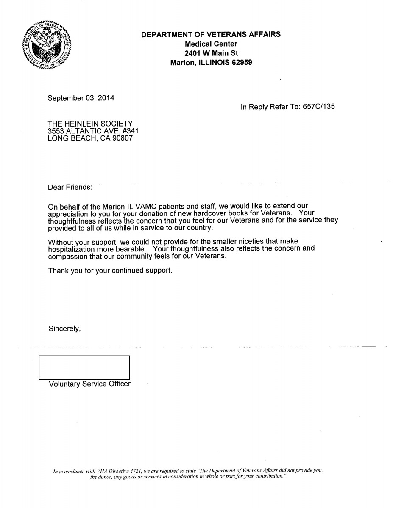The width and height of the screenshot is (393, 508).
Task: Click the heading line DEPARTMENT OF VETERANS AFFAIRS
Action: pyautogui.click(x=211, y=35)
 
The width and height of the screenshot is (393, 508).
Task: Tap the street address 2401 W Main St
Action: pyautogui.click(x=211, y=53)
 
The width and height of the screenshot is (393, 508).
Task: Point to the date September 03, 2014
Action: pyautogui.click(x=81, y=98)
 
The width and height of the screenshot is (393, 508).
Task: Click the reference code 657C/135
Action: pyautogui.click(x=318, y=107)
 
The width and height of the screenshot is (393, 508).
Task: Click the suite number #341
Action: pyautogui.click(x=130, y=131)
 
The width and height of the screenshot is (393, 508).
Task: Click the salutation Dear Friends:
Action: pyautogui.click(x=70, y=187)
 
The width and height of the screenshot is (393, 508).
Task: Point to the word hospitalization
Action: pyautogui.click(x=72, y=248)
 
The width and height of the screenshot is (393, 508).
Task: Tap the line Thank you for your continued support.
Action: pyautogui.click(x=110, y=270)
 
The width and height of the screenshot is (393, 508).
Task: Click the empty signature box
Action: pyautogui.click(x=84, y=367)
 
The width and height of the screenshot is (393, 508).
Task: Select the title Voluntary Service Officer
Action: pyautogui.click(x=89, y=384)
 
